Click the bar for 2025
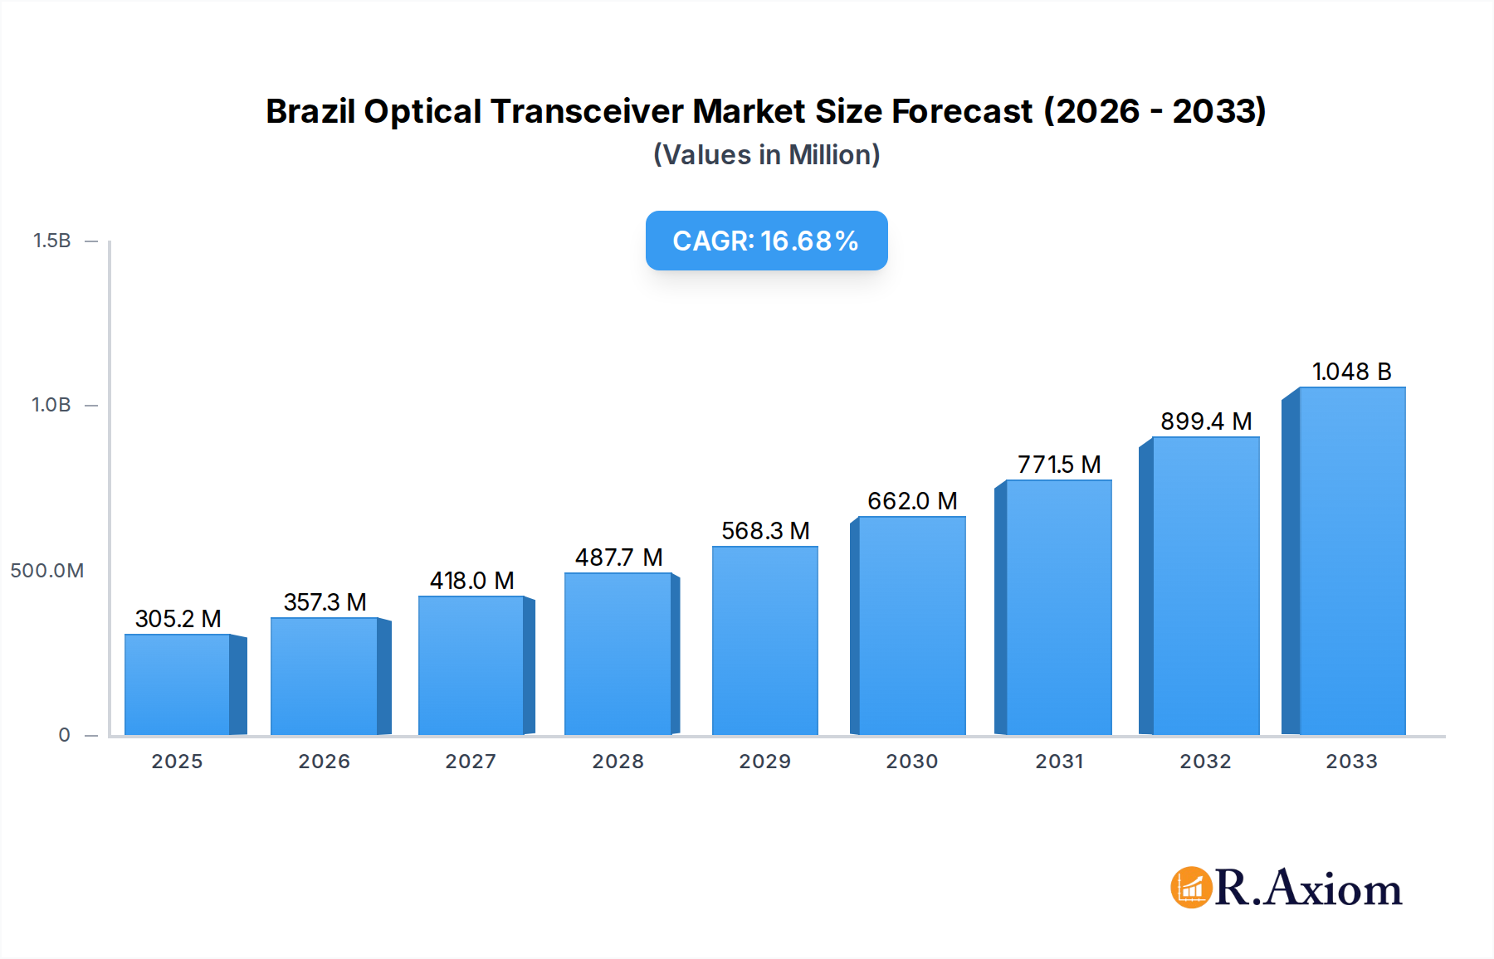click(x=178, y=684)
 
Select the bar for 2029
click(x=764, y=640)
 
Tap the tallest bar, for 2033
click(x=1351, y=561)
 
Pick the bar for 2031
click(x=1058, y=607)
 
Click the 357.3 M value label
click(x=325, y=602)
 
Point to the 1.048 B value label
click(x=1351, y=372)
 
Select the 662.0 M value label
click(x=912, y=501)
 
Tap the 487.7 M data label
click(x=618, y=557)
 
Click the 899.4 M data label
click(x=1206, y=421)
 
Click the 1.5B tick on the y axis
click(x=51, y=241)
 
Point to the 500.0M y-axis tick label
click(x=46, y=571)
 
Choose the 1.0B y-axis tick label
click(x=51, y=405)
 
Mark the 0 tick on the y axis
click(x=64, y=735)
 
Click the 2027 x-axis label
click(x=471, y=762)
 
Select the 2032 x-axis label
click(x=1205, y=762)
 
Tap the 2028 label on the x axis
click(x=618, y=762)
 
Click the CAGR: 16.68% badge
click(x=766, y=241)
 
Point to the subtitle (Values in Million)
click(x=766, y=155)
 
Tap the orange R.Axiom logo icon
click(x=1191, y=888)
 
